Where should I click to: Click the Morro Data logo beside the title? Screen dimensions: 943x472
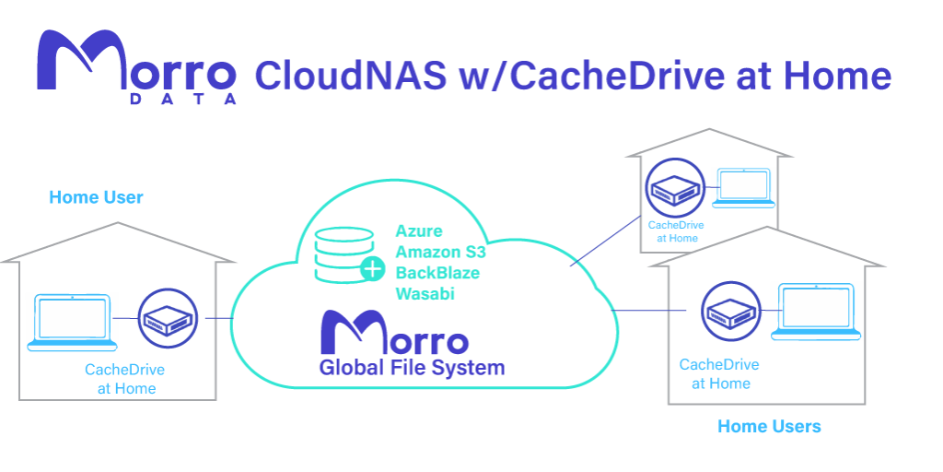(136, 67)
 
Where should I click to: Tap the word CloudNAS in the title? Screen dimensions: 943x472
(351, 77)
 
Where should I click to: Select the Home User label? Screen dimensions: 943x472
(96, 197)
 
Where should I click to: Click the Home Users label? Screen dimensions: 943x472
(769, 427)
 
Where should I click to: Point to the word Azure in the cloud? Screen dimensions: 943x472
(419, 231)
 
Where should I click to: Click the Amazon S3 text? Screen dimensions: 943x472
(440, 253)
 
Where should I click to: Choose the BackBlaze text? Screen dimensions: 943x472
(437, 273)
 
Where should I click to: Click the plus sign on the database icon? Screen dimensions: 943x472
(373, 269)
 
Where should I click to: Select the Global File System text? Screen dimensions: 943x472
(412, 367)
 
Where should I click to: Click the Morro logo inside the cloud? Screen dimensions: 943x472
(394, 333)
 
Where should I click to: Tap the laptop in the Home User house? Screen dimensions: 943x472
(72, 322)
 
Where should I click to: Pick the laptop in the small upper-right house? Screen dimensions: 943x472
(743, 188)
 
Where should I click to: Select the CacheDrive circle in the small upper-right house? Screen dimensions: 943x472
(674, 187)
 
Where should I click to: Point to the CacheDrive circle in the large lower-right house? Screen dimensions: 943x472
(730, 311)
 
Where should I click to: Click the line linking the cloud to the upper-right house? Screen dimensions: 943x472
(606, 241)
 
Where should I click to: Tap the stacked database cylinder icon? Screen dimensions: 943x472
(344, 254)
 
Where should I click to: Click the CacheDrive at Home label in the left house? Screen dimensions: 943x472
(125, 379)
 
